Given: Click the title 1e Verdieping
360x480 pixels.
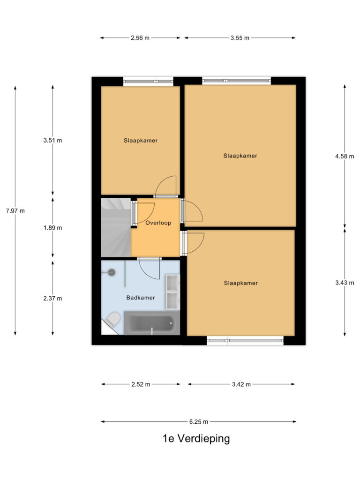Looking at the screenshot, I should pyautogui.click(x=196, y=439).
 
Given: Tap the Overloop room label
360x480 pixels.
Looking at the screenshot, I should pyautogui.click(x=157, y=224).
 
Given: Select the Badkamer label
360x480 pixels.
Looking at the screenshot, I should pyautogui.click(x=140, y=297).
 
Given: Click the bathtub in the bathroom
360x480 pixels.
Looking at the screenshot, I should pyautogui.click(x=151, y=324).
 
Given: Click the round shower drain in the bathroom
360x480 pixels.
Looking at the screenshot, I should pyautogui.click(x=112, y=272).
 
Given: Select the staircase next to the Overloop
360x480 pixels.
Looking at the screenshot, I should pyautogui.click(x=115, y=227).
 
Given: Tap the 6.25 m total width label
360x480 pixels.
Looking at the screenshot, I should pyautogui.click(x=198, y=421).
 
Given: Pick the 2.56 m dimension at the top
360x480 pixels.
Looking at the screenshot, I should pyautogui.click(x=140, y=38).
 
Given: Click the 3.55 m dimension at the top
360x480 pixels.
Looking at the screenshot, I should pyautogui.click(x=240, y=38).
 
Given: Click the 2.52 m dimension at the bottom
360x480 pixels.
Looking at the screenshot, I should pyautogui.click(x=141, y=384).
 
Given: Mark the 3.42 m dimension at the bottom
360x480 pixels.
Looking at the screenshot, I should pyautogui.click(x=241, y=384).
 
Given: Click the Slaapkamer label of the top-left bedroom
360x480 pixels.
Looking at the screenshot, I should pyautogui.click(x=141, y=140).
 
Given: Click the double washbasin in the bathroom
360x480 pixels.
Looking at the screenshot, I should pyautogui.click(x=172, y=292).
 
